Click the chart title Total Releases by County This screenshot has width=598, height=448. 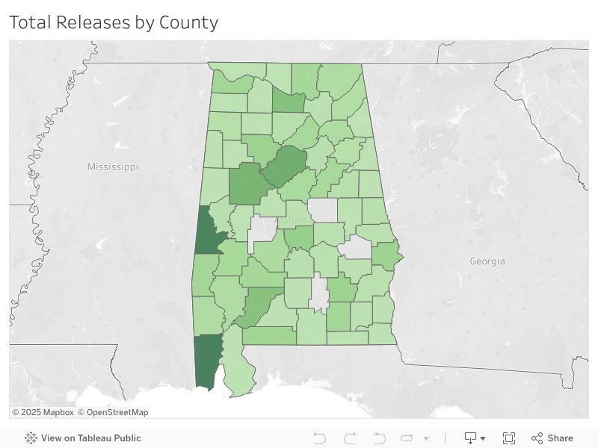(114, 22)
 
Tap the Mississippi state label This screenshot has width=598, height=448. (112, 167)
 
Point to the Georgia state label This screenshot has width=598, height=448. (487, 261)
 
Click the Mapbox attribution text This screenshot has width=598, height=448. (43, 412)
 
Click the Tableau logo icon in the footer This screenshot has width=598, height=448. (31, 438)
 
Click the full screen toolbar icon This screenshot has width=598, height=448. (509, 438)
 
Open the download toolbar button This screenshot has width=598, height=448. (475, 438)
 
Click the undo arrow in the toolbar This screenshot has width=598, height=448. (320, 438)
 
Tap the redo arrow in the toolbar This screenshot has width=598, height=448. (350, 438)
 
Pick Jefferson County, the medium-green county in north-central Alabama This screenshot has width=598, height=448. (285, 165)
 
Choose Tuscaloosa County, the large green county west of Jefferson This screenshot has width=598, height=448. (244, 184)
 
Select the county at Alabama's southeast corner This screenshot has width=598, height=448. (383, 334)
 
